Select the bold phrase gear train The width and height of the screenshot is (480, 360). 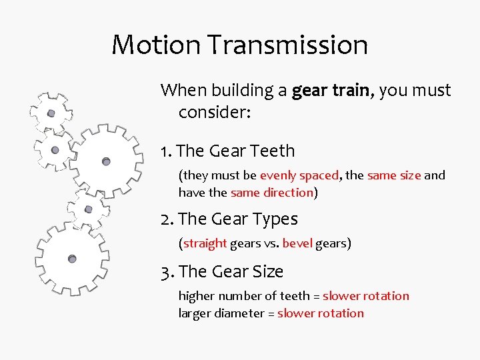click(x=333, y=90)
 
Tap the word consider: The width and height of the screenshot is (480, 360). click(x=214, y=112)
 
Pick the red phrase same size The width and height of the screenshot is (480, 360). click(x=393, y=175)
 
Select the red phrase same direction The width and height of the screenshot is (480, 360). click(x=271, y=193)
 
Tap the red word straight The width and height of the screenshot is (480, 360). click(x=205, y=243)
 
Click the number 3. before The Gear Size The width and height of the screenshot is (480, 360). click(x=167, y=272)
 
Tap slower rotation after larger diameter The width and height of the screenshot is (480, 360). click(x=321, y=313)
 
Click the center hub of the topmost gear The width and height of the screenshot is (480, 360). click(x=51, y=113)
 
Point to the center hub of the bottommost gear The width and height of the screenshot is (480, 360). click(x=72, y=259)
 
